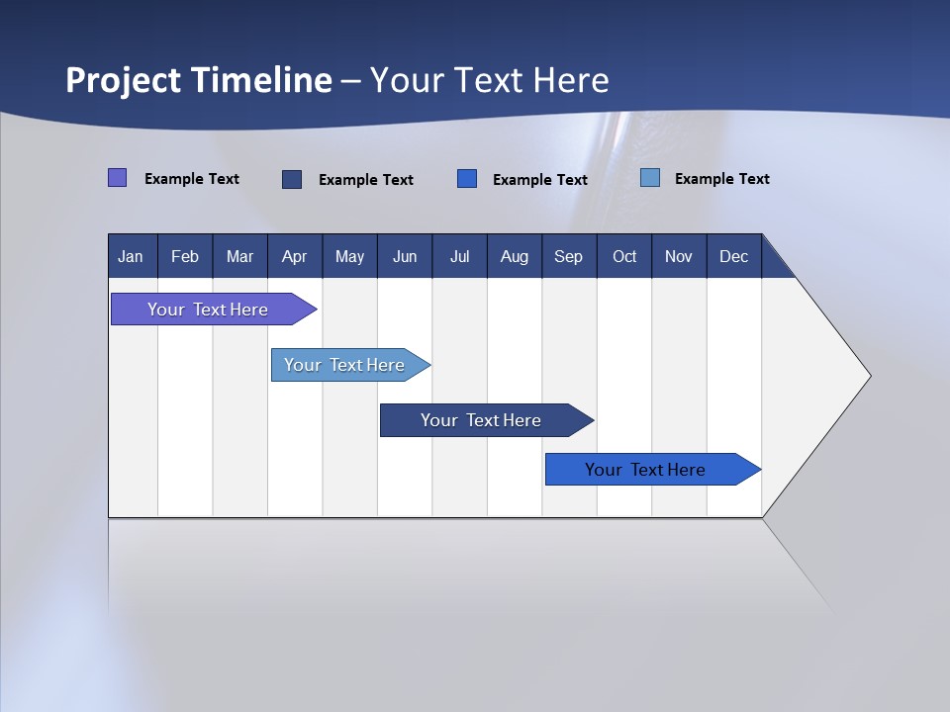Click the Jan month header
131,256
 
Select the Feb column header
185,256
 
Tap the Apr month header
294,256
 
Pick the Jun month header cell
405,256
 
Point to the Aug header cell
514,256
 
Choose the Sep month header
568,256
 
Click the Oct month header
624,256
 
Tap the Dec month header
733,256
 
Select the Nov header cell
679,256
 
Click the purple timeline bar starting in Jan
208,310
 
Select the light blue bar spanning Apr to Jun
344,365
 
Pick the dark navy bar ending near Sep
481,420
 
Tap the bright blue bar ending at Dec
645,470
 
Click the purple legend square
117,178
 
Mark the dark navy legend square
292,179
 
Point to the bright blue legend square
467,179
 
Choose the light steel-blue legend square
650,178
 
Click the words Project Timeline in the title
199,80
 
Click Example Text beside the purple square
192,179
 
